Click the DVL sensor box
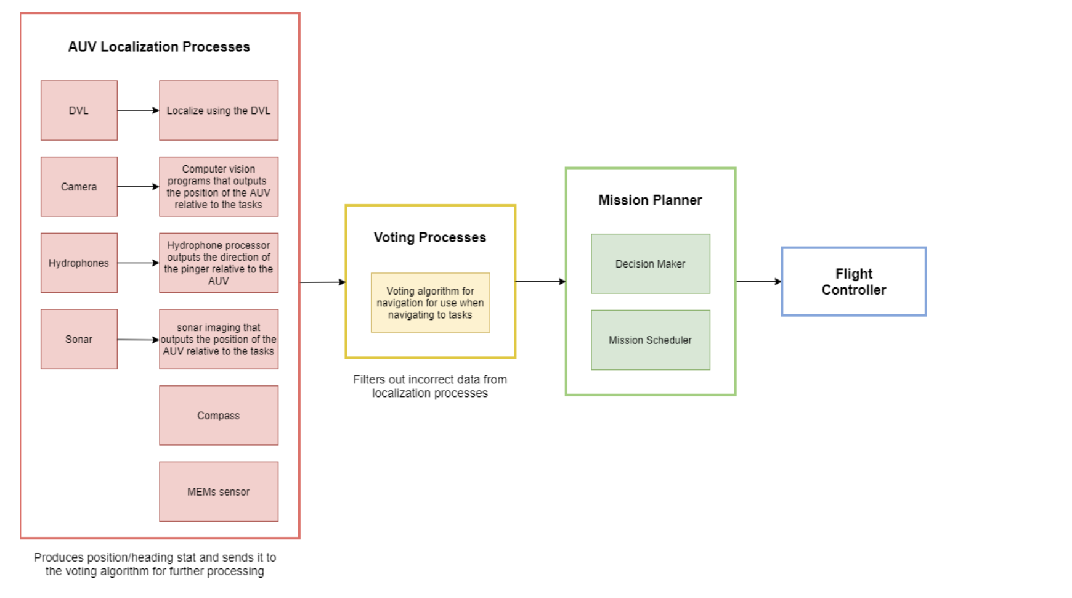[x=79, y=110]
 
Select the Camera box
[x=79, y=186]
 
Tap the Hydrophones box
[x=79, y=263]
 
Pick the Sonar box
[x=79, y=339]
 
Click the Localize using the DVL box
[x=219, y=110]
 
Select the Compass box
[x=219, y=416]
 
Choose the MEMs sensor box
[x=219, y=491]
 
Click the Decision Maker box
[x=651, y=264]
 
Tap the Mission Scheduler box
[x=651, y=340]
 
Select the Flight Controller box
[x=854, y=282]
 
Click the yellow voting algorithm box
[x=430, y=303]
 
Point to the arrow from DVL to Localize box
[x=139, y=110]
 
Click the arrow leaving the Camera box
[x=139, y=186]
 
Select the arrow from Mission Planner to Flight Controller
[x=758, y=281]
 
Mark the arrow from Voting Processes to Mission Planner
[x=541, y=281]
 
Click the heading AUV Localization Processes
[x=159, y=47]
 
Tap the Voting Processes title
[x=430, y=237]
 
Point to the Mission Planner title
[x=651, y=200]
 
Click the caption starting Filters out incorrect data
[x=430, y=387]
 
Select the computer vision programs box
[x=219, y=186]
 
